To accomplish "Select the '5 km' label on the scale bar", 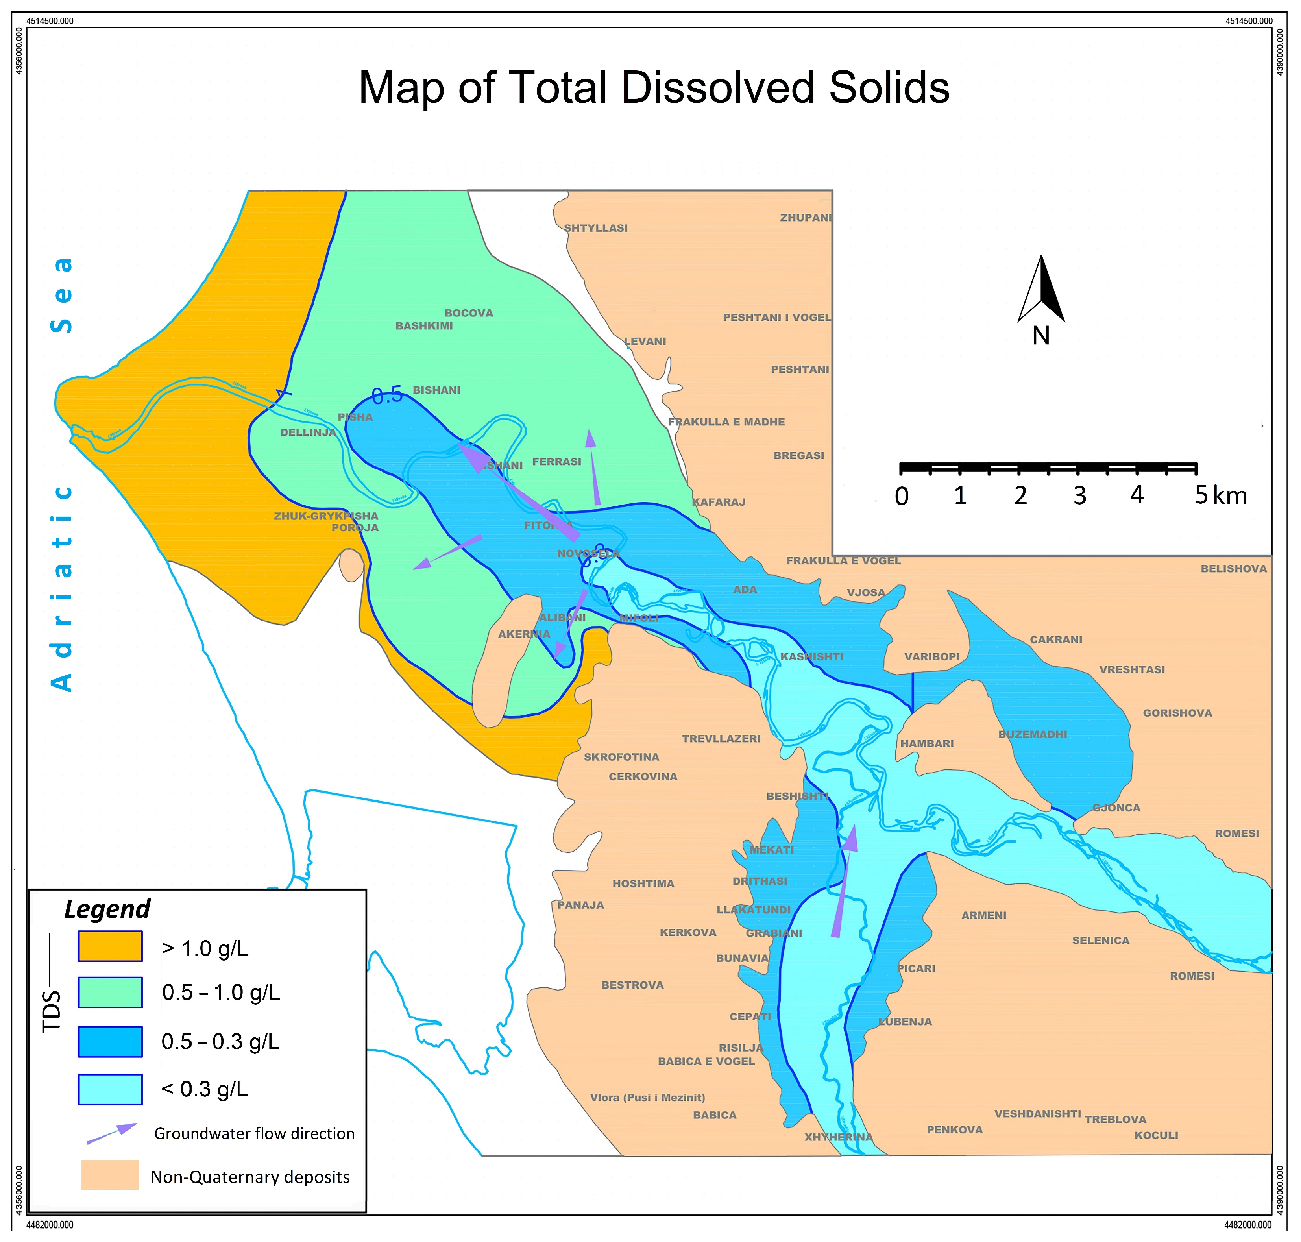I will pos(1220,495).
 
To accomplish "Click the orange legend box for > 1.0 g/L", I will pos(110,946).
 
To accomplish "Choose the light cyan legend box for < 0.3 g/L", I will pos(110,1089).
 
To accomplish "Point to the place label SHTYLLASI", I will pos(595,228).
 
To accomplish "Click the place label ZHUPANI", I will pos(805,218).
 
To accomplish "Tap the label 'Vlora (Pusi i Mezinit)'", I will pos(647,1098).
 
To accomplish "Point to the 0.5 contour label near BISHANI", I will pos(387,396).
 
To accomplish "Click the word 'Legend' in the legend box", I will pos(107,909).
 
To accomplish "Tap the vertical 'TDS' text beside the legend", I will pos(52,1011).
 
